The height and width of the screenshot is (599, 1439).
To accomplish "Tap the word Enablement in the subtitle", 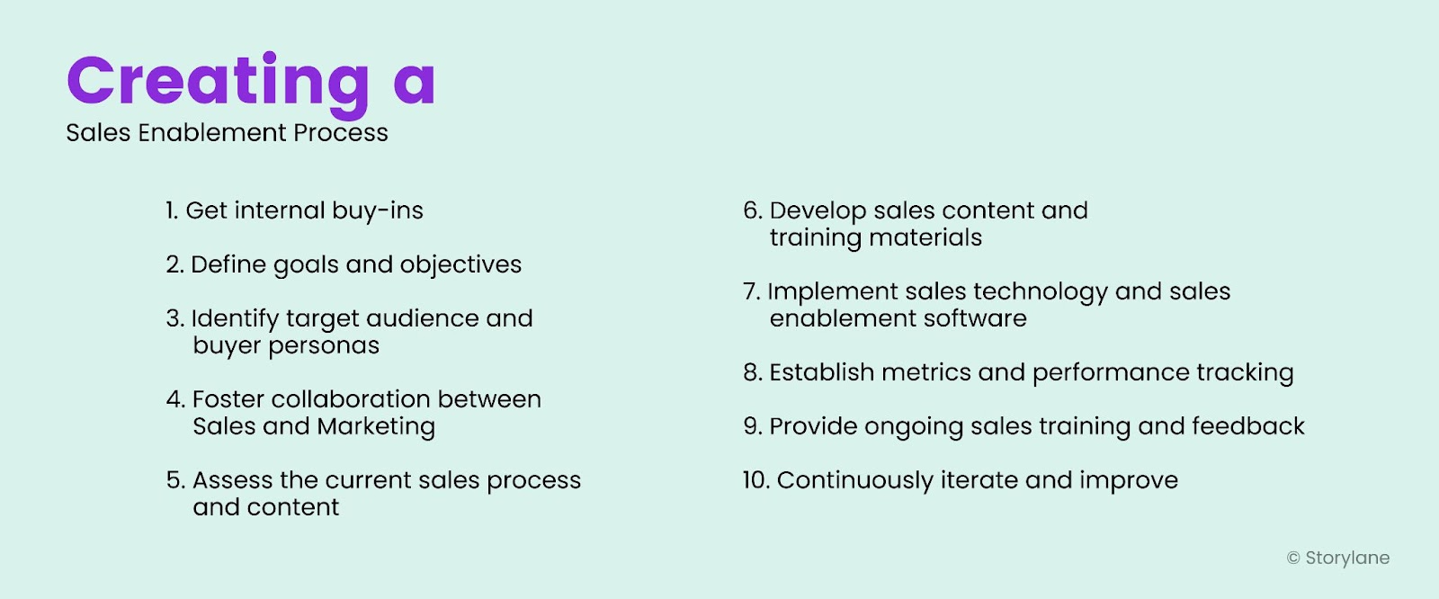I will coord(213,133).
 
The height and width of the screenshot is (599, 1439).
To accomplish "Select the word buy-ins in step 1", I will coord(377,210).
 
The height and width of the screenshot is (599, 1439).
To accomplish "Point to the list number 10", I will coord(755,480).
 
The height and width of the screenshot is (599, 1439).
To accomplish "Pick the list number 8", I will coord(752,372).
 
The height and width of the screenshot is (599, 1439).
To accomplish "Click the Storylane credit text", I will coord(1347,559).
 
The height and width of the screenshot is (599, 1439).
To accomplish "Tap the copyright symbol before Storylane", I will coord(1293,559).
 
